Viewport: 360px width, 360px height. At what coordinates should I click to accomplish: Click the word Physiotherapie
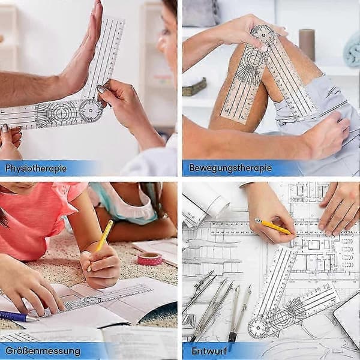pos(36,169)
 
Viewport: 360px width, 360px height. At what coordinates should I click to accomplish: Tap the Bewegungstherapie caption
pos(230,168)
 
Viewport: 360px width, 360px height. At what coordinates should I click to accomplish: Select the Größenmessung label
pos(43,351)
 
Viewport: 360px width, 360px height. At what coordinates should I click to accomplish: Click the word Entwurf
pos(209,351)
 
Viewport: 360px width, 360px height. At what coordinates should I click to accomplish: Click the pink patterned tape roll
pos(149,259)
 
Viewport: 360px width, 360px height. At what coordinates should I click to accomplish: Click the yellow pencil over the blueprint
pos(273,227)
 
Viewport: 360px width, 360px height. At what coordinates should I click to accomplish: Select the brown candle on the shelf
pos(307,45)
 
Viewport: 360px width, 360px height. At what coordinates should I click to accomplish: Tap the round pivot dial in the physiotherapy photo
pos(91,110)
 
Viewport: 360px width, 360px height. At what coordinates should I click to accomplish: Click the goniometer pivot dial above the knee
pos(263,35)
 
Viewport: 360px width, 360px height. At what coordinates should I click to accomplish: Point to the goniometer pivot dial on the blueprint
pos(258,328)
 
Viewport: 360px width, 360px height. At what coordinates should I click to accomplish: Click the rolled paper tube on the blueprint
pos(205,205)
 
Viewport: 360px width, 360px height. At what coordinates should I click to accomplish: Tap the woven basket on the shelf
pos(194,87)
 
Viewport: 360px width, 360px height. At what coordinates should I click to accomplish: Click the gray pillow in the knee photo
pos(202,13)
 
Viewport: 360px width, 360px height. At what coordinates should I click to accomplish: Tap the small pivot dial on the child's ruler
pos(92,301)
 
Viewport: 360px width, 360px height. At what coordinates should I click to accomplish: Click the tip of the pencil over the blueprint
pos(292,234)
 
